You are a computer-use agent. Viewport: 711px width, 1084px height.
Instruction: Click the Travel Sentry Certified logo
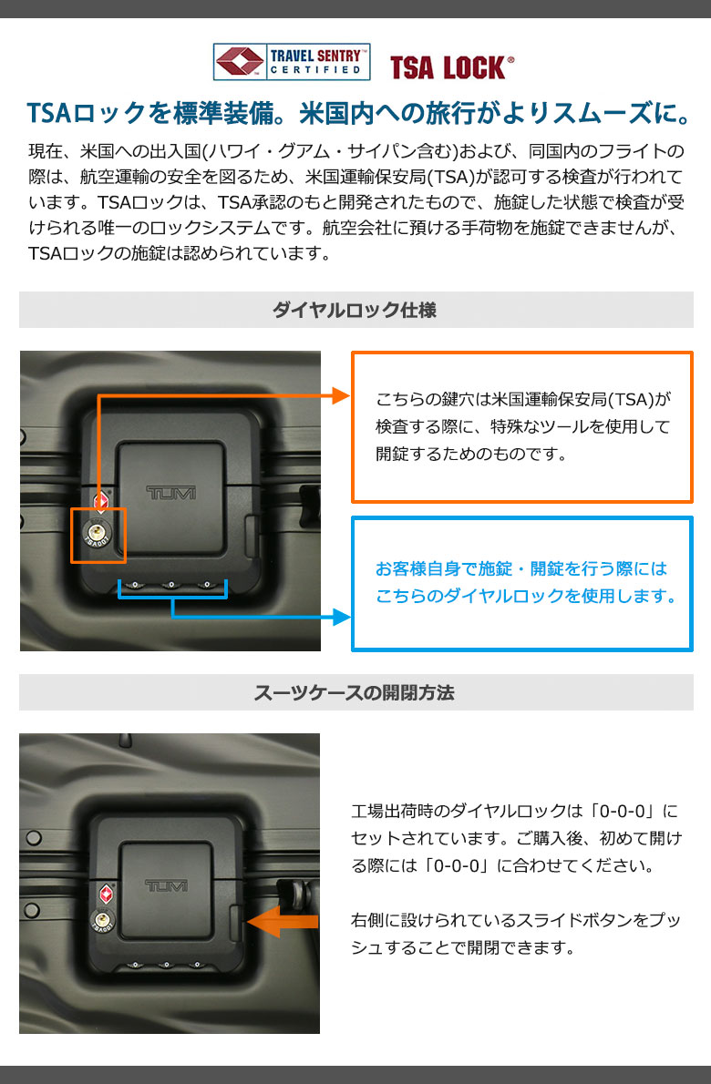pyautogui.click(x=292, y=62)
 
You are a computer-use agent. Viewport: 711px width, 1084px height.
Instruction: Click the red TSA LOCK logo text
pyautogui.click(x=451, y=67)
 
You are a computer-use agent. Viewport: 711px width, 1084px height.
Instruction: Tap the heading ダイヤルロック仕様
pyautogui.click(x=355, y=310)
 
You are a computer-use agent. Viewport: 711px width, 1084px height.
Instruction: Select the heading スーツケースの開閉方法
pyautogui.click(x=354, y=692)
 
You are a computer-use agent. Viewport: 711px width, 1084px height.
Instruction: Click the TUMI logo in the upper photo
pyautogui.click(x=170, y=492)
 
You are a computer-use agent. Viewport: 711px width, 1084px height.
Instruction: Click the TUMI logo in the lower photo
pyautogui.click(x=166, y=885)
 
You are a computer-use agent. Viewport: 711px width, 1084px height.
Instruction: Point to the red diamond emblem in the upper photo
pyautogui.click(x=102, y=499)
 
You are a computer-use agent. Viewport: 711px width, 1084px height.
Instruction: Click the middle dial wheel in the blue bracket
pyautogui.click(x=170, y=585)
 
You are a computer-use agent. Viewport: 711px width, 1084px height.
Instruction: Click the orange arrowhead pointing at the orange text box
pyautogui.click(x=341, y=395)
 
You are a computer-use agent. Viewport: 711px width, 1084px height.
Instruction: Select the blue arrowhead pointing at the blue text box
pyautogui.click(x=342, y=617)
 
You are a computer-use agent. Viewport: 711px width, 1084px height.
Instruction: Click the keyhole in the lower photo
pyautogui.click(x=102, y=920)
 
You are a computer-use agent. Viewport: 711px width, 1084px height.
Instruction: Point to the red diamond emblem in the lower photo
pyautogui.click(x=106, y=894)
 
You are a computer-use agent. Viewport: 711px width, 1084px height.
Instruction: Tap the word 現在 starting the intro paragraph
pyautogui.click(x=41, y=150)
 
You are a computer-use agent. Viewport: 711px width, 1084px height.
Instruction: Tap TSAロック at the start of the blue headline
pyautogui.click(x=87, y=113)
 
